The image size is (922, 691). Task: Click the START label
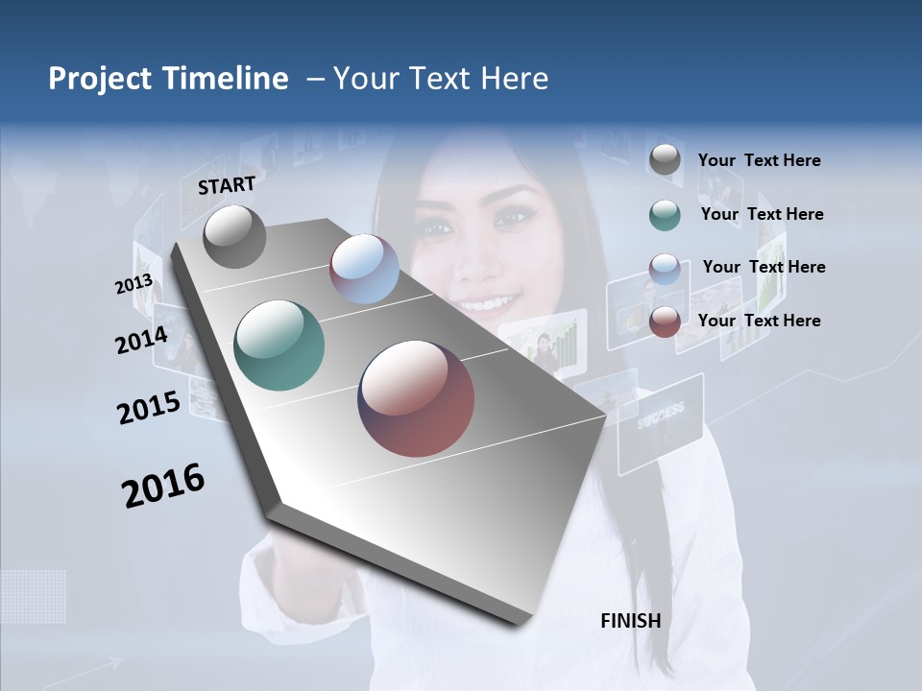227,184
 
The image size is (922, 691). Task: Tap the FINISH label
630,621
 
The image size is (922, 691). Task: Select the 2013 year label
133,284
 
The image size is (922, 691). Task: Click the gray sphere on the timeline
234,236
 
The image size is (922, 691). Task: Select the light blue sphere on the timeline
364,269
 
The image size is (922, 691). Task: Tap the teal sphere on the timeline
279,345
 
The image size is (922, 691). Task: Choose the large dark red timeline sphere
416,398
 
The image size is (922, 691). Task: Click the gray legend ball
665,160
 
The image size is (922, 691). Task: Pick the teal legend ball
665,215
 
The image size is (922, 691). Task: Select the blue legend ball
665,268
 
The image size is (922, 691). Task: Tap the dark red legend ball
665,322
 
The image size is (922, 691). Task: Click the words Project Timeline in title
168,79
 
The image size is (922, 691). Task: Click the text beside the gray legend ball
759,161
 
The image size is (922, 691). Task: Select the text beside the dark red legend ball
759,321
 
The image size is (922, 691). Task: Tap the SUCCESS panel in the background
661,423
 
